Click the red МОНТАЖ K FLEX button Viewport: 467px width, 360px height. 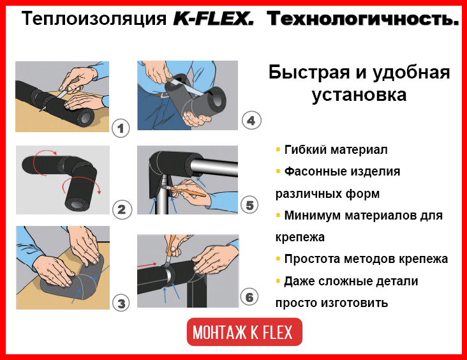pos(244,332)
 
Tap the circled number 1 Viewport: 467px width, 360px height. pos(121,128)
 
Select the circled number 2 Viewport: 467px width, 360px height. pos(122,210)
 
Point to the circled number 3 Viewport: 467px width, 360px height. pos(121,303)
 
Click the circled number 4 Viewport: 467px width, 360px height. pos(251,121)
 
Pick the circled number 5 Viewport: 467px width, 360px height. pos(249,205)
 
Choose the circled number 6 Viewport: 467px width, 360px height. pos(249,297)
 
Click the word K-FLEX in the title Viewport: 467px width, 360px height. pos(214,19)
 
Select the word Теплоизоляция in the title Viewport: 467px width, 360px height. pos(94,19)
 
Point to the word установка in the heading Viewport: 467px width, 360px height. pos(359,95)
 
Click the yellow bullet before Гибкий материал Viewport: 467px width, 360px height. pos(278,149)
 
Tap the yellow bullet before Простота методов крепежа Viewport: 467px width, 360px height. pos(278,259)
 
